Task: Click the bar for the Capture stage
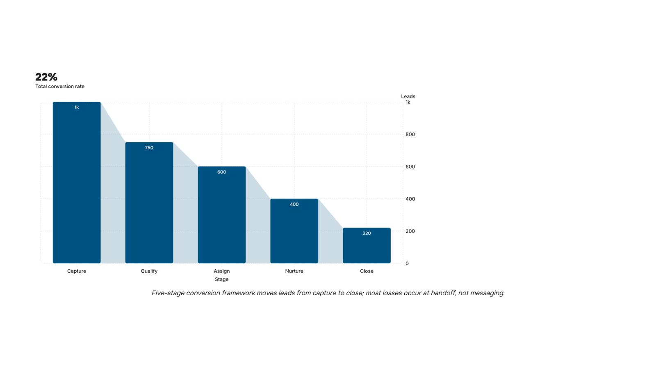[x=77, y=182]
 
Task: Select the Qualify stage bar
[x=149, y=203]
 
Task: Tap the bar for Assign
[x=222, y=215]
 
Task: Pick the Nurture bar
[x=294, y=231]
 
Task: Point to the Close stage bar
[x=367, y=246]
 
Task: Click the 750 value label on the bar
[x=149, y=148]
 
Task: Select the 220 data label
[x=367, y=233]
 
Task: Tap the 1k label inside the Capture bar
[x=77, y=107]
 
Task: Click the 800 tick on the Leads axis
[x=410, y=134]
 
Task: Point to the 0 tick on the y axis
[x=407, y=263]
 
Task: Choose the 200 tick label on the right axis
[x=410, y=231]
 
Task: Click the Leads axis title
[x=408, y=96]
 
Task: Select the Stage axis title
[x=222, y=279]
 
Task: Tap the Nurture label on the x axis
[x=294, y=271]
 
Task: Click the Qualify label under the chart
[x=149, y=271]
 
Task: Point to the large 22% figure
[x=46, y=77]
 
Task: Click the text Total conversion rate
[x=60, y=87]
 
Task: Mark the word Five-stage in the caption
[x=168, y=293]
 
